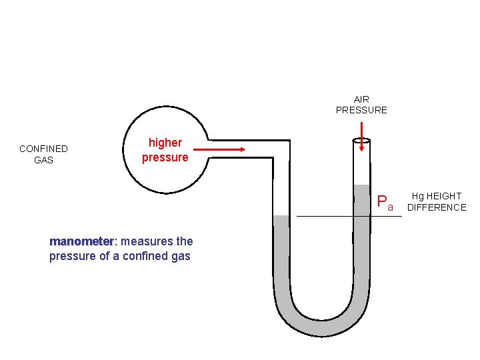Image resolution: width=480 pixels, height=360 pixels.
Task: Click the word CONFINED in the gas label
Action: tap(43, 149)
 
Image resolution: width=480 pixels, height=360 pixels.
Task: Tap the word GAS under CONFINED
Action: tap(43, 160)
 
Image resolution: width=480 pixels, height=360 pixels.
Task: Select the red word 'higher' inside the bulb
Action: tap(165, 143)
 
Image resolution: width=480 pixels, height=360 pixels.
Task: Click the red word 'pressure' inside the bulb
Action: tap(165, 157)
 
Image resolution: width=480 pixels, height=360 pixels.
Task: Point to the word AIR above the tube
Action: tap(361, 99)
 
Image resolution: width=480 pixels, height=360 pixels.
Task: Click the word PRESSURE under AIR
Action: tap(361, 110)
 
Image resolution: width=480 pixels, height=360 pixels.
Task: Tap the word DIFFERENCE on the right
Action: tap(437, 207)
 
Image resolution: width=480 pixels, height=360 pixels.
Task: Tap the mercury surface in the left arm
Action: tap(281, 216)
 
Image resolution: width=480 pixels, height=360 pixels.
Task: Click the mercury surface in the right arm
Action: tap(362, 185)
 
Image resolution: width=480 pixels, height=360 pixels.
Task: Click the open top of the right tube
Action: tap(362, 140)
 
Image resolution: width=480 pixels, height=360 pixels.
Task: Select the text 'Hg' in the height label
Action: tap(418, 196)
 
